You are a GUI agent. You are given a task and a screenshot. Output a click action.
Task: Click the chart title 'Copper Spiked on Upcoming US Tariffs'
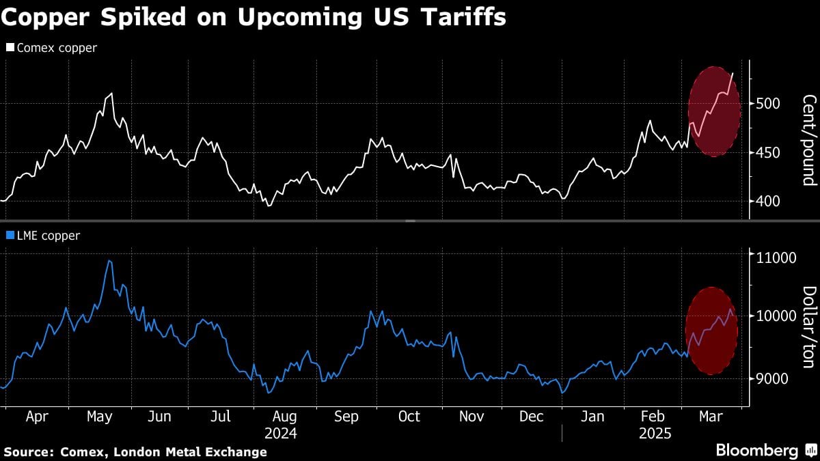253,16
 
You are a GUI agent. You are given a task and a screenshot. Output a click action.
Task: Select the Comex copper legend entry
52,48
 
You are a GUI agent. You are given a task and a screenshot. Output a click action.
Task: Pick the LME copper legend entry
44,236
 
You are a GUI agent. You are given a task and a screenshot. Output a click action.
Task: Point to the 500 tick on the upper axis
769,104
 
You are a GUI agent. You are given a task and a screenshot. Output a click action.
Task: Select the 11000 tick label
774,257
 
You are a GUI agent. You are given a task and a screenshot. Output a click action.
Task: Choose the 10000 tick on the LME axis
774,316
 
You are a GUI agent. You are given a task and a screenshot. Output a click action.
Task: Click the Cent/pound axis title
808,140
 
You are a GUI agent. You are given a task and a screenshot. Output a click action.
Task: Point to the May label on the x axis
100,417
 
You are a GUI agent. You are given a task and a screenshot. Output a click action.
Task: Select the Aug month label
284,417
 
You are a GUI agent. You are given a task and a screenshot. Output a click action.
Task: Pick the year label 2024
280,434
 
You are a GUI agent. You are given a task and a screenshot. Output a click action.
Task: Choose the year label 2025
655,434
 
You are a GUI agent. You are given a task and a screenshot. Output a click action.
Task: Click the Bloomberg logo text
756,451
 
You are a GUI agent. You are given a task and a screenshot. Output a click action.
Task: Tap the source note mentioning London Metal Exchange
135,451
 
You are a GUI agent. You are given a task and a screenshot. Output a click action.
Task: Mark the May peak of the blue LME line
109,261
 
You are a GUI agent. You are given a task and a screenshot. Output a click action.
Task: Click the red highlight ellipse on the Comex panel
714,111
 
